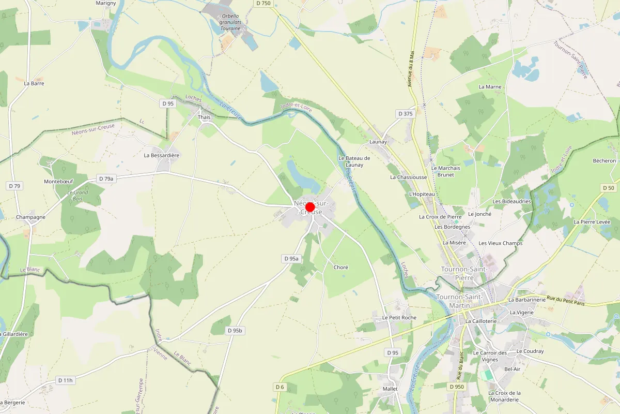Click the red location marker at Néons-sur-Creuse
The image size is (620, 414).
point(310,208)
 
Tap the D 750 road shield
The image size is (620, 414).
point(263,3)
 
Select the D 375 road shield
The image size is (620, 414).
point(406,113)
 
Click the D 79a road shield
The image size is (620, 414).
point(105,179)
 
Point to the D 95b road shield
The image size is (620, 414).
point(235,330)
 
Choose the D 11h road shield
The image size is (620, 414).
point(66,380)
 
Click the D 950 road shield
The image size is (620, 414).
point(457,387)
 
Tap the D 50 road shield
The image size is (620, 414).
point(608,188)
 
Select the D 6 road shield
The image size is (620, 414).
point(280,387)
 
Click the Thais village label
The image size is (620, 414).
point(204,117)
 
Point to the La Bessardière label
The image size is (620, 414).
point(161,155)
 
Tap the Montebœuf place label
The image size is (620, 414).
point(59,182)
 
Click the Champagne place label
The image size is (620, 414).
point(30,217)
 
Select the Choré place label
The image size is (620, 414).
point(341,268)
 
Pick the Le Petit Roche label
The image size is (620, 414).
point(399,317)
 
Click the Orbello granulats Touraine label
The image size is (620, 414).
point(230,22)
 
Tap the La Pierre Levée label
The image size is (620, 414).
point(592,222)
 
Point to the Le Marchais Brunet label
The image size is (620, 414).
point(445,171)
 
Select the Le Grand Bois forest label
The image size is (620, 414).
point(78,196)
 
